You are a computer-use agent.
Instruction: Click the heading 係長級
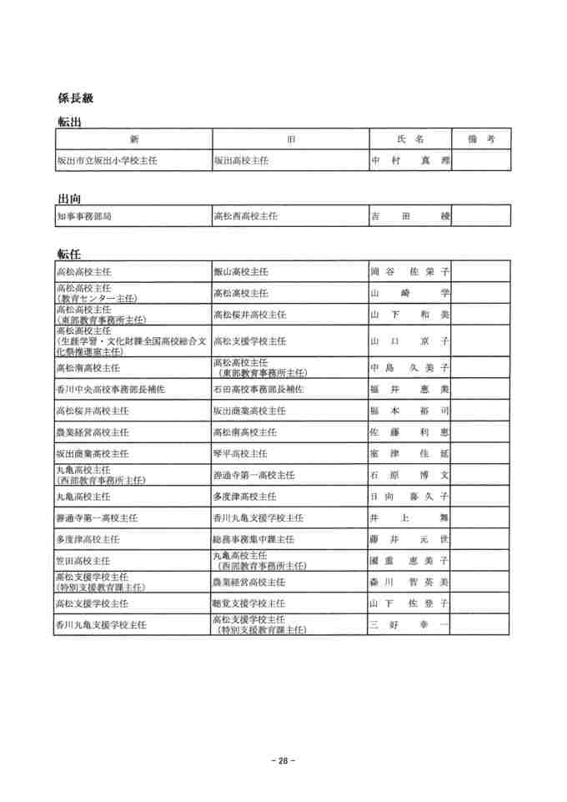point(76,98)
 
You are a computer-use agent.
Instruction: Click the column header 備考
point(481,139)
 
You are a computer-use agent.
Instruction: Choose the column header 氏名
point(409,139)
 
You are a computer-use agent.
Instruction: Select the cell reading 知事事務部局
point(84,216)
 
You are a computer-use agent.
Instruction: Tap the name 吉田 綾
point(409,216)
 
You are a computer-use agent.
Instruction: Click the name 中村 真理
point(409,160)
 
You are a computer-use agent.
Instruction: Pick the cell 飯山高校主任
point(241,272)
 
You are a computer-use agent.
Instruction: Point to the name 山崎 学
point(409,294)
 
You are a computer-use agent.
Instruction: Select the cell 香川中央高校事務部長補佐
point(111,390)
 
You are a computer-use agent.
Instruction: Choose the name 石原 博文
point(409,475)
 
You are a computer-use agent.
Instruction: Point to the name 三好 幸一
point(409,624)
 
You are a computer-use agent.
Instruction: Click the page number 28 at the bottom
point(283,760)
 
